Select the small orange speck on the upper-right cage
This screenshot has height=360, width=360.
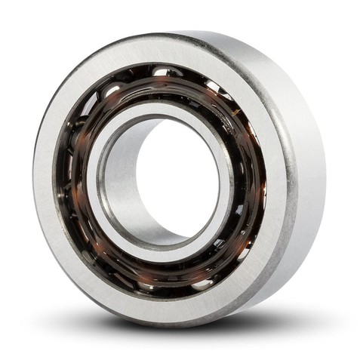(x=240, y=113)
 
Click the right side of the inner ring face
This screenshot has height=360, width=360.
(x=230, y=181)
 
